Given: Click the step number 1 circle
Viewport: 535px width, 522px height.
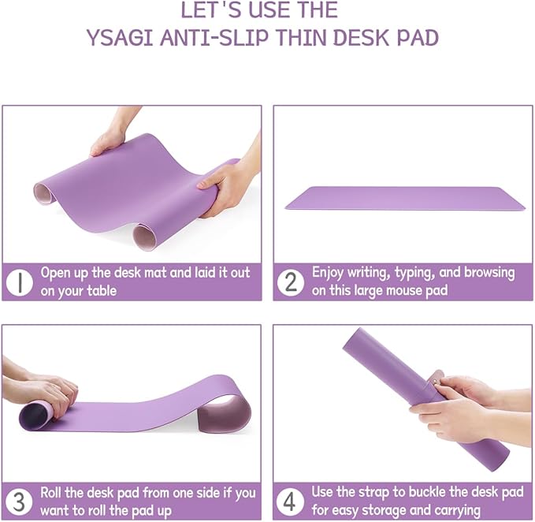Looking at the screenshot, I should tap(19, 281).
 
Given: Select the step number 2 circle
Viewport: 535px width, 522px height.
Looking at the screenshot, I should tap(291, 281).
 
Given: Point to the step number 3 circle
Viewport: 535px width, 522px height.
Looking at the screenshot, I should tap(19, 500).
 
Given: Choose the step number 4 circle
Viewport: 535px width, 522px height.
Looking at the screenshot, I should tap(291, 500).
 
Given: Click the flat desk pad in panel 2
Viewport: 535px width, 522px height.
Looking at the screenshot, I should tap(404, 198).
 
